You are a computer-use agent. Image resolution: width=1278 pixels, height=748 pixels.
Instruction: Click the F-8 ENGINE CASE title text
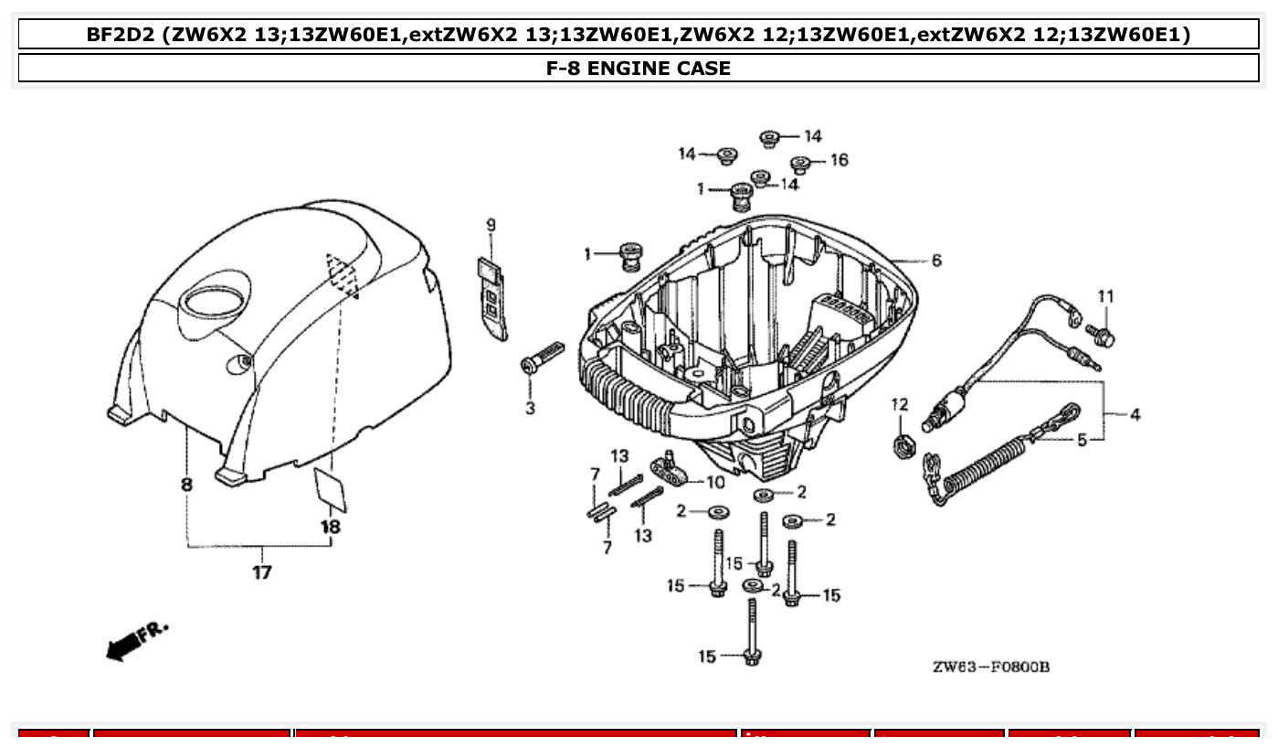coord(638,68)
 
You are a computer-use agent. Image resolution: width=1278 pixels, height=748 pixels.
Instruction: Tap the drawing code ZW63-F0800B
coord(990,667)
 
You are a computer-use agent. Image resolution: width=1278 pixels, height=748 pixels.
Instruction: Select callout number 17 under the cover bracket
coord(262,573)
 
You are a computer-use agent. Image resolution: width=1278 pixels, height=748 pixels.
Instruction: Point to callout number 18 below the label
coord(330,527)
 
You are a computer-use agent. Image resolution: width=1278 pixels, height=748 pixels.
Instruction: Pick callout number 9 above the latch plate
coord(491,225)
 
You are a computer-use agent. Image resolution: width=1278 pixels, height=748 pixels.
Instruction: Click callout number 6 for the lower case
coord(936,261)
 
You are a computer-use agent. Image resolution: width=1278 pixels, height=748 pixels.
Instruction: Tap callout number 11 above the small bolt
coord(1106,296)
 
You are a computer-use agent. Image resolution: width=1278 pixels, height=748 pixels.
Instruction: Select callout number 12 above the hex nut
coord(900,404)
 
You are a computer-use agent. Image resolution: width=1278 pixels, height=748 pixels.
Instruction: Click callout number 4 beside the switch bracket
coord(1135,415)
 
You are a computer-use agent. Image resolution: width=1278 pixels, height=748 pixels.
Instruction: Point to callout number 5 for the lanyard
coord(1082,440)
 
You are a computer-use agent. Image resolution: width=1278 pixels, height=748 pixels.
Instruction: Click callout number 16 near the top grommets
coord(839,160)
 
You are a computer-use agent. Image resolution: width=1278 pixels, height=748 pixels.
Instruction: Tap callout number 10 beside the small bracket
coord(714,482)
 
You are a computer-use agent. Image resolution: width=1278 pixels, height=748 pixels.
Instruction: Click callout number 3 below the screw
coord(530,408)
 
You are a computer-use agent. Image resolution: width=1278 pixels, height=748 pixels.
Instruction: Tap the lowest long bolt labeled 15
coord(752,633)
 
